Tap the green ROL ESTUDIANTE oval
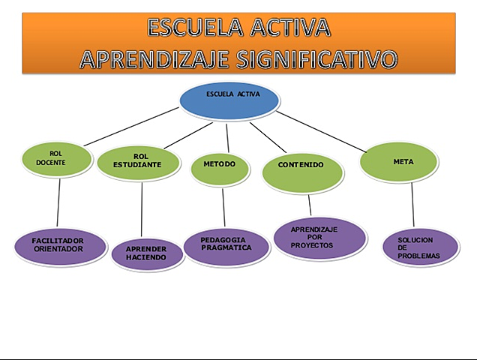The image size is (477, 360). pyautogui.click(x=139, y=161)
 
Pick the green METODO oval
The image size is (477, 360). pyautogui.click(x=219, y=166)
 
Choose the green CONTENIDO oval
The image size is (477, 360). pyautogui.click(x=302, y=169)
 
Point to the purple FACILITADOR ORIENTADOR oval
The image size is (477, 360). pyautogui.click(x=60, y=245)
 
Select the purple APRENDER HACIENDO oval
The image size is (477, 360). pyautogui.click(x=148, y=253)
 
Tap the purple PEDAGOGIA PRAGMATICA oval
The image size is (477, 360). pyautogui.click(x=226, y=244)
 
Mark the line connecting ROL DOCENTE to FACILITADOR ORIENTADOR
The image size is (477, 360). pyautogui.click(x=58, y=202)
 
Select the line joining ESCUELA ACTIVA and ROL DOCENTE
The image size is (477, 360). pyautogui.click(x=131, y=127)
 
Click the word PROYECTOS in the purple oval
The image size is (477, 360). pyautogui.click(x=313, y=245)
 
